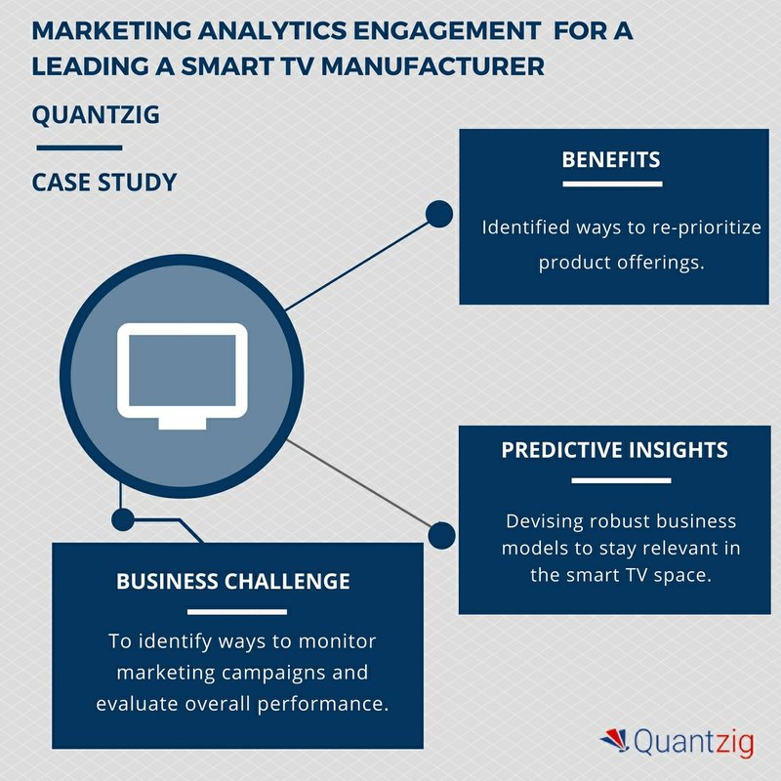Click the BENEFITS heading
[611, 160]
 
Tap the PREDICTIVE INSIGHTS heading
[615, 450]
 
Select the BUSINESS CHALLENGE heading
[233, 581]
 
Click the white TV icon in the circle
[183, 376]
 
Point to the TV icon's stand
[183, 424]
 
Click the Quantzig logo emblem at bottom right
[615, 740]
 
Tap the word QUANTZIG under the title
[96, 115]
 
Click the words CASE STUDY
[104, 183]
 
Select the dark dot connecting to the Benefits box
[439, 214]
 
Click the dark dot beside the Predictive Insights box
[441, 535]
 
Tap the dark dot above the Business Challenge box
[123, 520]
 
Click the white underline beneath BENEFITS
[612, 184]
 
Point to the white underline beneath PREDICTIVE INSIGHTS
[621, 480]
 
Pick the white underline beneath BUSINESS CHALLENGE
[237, 612]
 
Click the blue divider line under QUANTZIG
[80, 148]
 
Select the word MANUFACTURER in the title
[432, 66]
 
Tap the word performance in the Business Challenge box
[323, 704]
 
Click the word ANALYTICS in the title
[272, 31]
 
